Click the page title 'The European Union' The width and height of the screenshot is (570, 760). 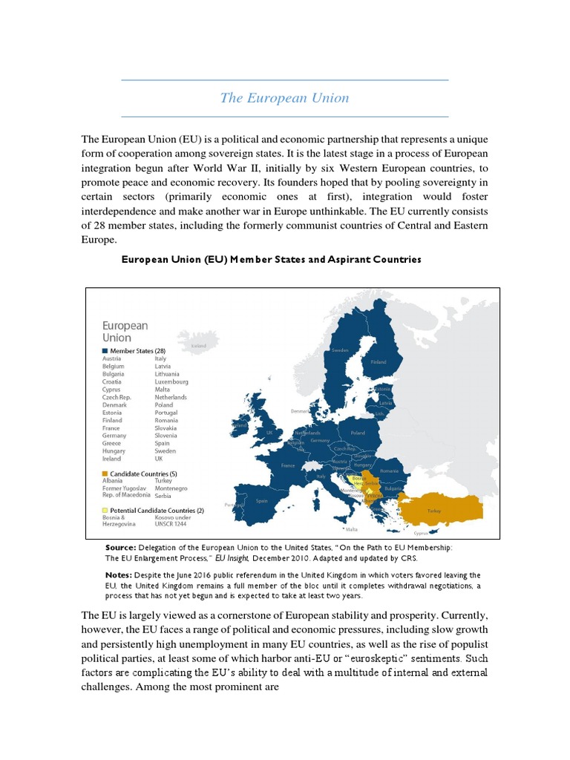pyautogui.click(x=284, y=98)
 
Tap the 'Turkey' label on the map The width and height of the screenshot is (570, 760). pyautogui.click(x=434, y=511)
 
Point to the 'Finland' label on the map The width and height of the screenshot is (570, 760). pyautogui.click(x=379, y=362)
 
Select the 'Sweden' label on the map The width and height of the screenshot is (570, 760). pyautogui.click(x=340, y=350)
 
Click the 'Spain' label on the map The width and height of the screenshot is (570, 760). pyautogui.click(x=261, y=501)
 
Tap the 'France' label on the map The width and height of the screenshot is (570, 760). pyautogui.click(x=288, y=465)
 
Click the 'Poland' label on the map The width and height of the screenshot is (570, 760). pyautogui.click(x=358, y=432)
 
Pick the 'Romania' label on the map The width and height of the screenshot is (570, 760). pyautogui.click(x=389, y=471)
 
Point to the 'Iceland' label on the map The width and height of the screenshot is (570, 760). pyautogui.click(x=198, y=346)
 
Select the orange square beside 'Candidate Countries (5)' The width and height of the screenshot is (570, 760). pyautogui.click(x=105, y=473)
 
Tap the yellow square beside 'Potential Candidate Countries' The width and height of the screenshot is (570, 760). pyautogui.click(x=105, y=511)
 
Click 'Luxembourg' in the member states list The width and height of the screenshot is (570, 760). pyautogui.click(x=171, y=381)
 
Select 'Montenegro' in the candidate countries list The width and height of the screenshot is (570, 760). pyautogui.click(x=171, y=488)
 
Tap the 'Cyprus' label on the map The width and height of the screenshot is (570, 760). pyautogui.click(x=421, y=532)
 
